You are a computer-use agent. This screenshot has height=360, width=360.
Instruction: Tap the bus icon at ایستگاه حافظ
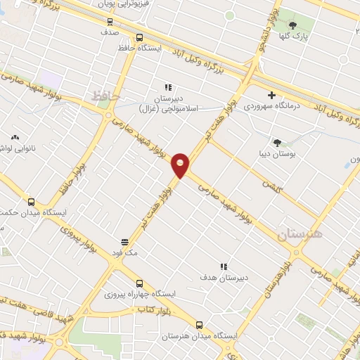point(139,38)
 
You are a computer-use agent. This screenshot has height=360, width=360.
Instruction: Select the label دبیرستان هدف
point(223,277)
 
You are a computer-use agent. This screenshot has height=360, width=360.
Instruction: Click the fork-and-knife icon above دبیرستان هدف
point(224,266)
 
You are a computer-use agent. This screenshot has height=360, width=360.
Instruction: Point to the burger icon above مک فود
point(125,240)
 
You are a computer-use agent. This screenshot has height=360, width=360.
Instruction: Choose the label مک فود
point(125,251)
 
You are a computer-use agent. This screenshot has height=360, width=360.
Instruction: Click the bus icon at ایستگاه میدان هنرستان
point(200,325)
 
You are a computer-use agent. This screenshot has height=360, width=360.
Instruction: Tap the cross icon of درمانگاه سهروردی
point(272,95)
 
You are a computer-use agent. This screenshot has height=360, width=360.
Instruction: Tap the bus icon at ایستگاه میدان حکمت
point(29,200)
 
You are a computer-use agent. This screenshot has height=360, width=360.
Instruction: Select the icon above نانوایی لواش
point(14,138)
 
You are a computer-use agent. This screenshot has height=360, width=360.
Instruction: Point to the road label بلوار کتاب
point(153,309)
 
